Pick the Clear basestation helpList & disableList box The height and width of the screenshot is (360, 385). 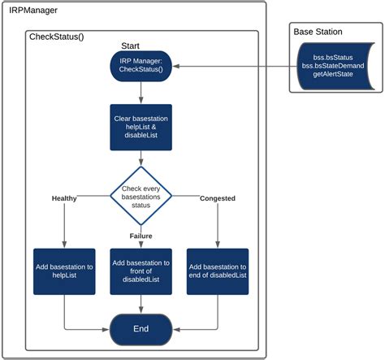(x=141, y=127)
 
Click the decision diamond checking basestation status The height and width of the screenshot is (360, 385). (x=141, y=195)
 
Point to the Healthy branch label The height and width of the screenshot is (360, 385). (x=65, y=197)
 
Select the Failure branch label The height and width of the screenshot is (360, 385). (x=141, y=236)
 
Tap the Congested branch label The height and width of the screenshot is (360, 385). (x=217, y=197)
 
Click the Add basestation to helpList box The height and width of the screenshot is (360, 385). (x=65, y=271)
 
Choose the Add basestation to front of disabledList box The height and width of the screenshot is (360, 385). (x=141, y=271)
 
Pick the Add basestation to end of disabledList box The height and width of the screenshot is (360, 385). (x=217, y=271)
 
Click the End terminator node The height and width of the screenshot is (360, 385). (x=141, y=329)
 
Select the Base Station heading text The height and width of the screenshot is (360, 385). (x=318, y=32)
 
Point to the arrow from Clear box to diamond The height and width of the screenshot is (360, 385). (x=141, y=158)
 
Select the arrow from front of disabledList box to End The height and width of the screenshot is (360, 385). (x=141, y=304)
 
